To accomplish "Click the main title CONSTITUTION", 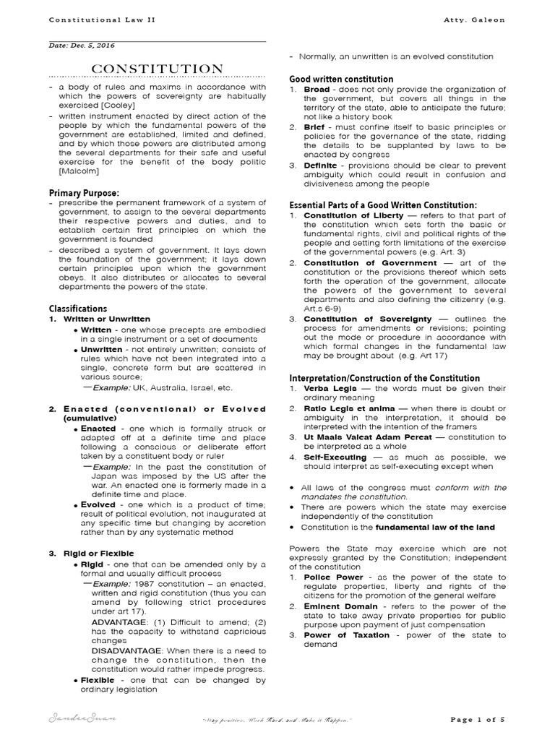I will tap(157, 69).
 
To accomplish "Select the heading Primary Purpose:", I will tap(84, 193).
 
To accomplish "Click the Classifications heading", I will tap(77, 308).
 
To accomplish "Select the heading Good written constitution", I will tap(341, 79).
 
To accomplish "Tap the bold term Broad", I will tap(317, 90).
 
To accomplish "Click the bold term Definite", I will tap(321, 165).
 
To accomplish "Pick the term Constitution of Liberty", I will tap(348, 216).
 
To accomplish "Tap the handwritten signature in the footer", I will tap(77, 718).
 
